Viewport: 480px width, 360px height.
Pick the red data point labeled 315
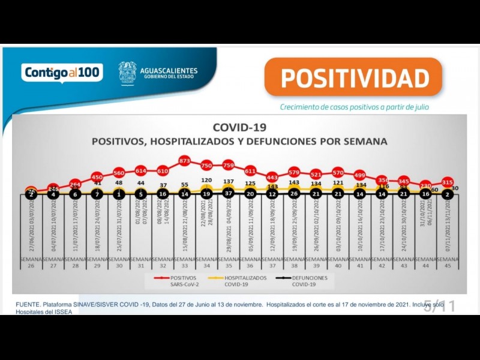tap(447, 182)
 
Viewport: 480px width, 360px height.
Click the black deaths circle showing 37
tap(228, 194)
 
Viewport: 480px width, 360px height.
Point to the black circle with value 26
tap(293, 194)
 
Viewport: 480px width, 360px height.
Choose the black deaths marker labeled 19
tap(206, 194)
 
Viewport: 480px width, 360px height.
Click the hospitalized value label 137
tap(228, 181)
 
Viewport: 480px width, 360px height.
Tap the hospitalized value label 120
tap(206, 181)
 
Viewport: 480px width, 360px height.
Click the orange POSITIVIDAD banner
tap(354, 78)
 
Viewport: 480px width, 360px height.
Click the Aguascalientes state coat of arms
tap(127, 73)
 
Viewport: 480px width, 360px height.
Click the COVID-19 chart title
tap(239, 127)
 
